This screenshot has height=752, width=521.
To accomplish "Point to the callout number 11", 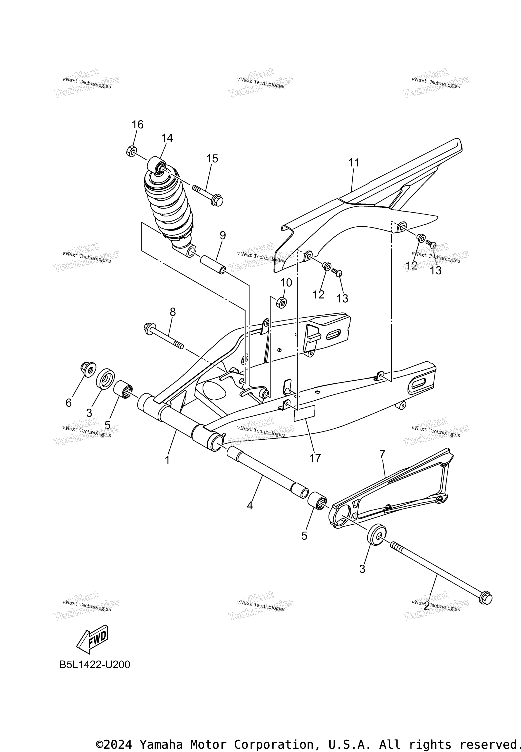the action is click(x=354, y=162).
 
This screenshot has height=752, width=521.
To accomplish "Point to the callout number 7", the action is click(x=382, y=454).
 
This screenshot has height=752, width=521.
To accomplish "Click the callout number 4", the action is click(x=250, y=506).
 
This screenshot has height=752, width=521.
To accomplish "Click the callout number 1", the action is click(x=167, y=460).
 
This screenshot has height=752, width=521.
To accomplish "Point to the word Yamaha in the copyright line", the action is click(x=160, y=735).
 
